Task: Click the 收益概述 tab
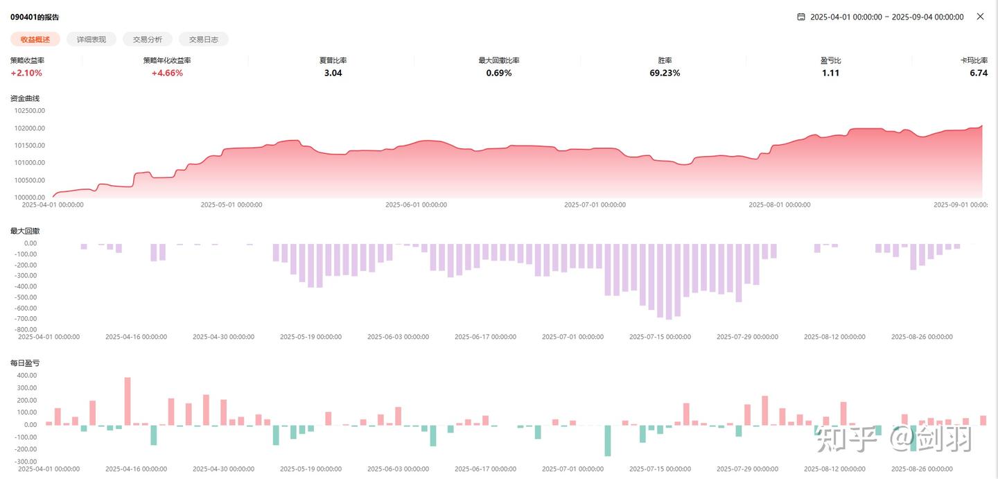35,40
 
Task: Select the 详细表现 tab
91,40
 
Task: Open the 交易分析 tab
148,40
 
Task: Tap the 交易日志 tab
204,40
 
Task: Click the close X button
980,17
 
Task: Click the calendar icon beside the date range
801,17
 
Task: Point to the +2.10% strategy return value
26,73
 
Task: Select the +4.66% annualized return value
167,73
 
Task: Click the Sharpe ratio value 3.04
333,73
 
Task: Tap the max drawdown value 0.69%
499,73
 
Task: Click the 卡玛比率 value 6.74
979,73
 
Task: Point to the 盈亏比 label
830,60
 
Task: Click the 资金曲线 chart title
25,98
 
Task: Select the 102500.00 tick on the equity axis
29,110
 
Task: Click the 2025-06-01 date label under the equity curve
416,205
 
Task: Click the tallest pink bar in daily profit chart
128,401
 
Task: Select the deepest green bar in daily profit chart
608,440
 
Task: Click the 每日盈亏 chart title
25,363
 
